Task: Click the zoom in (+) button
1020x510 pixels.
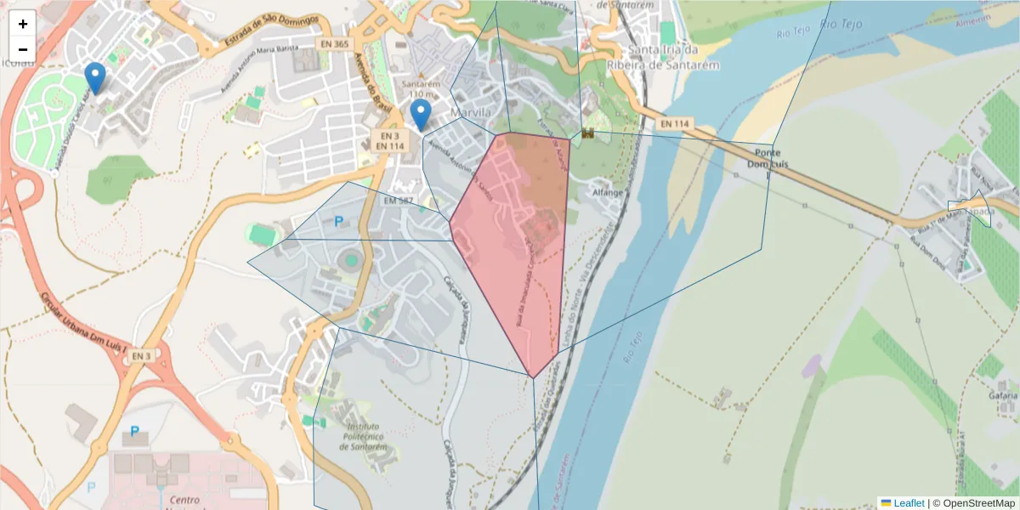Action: click(23, 24)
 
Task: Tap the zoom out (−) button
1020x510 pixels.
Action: click(23, 49)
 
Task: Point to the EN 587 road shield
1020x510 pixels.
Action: click(398, 201)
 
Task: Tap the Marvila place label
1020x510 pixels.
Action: click(472, 112)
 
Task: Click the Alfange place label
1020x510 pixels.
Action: click(608, 193)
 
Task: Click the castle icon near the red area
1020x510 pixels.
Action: click(587, 133)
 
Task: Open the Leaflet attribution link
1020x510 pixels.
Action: click(909, 503)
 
